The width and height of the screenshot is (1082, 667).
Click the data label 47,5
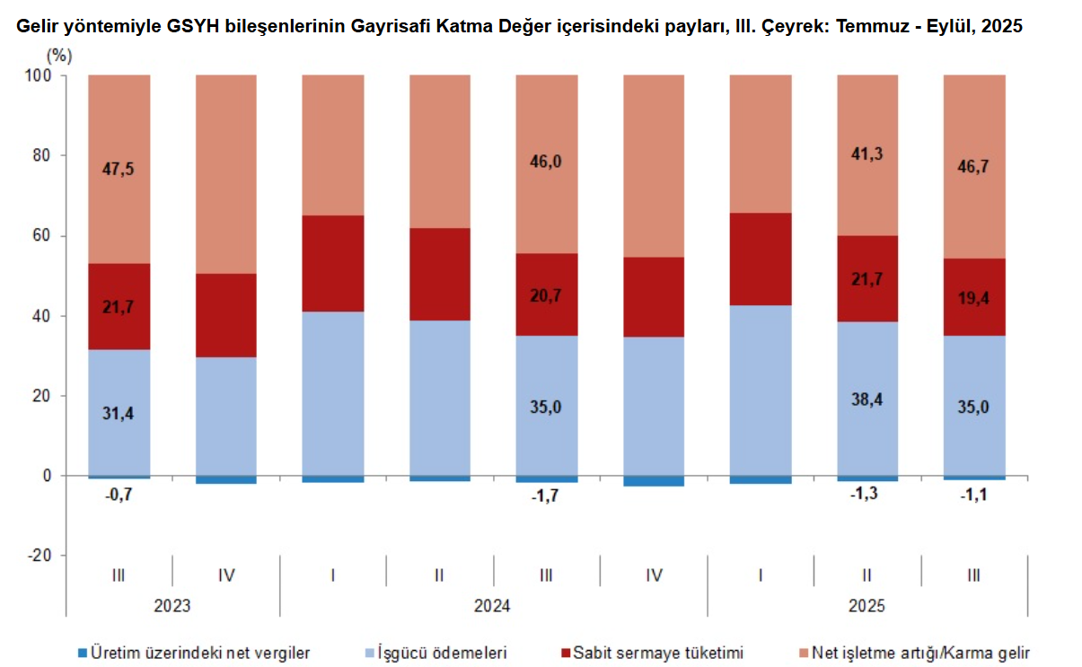click(119, 170)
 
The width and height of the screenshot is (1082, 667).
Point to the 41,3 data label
click(867, 154)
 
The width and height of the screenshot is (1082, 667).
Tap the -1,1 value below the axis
click(974, 495)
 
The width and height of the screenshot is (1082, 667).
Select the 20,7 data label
click(546, 295)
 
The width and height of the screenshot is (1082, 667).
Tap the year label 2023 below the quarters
click(172, 606)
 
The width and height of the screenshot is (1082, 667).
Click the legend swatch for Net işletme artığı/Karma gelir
click(804, 653)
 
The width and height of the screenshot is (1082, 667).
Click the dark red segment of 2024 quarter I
click(333, 263)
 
